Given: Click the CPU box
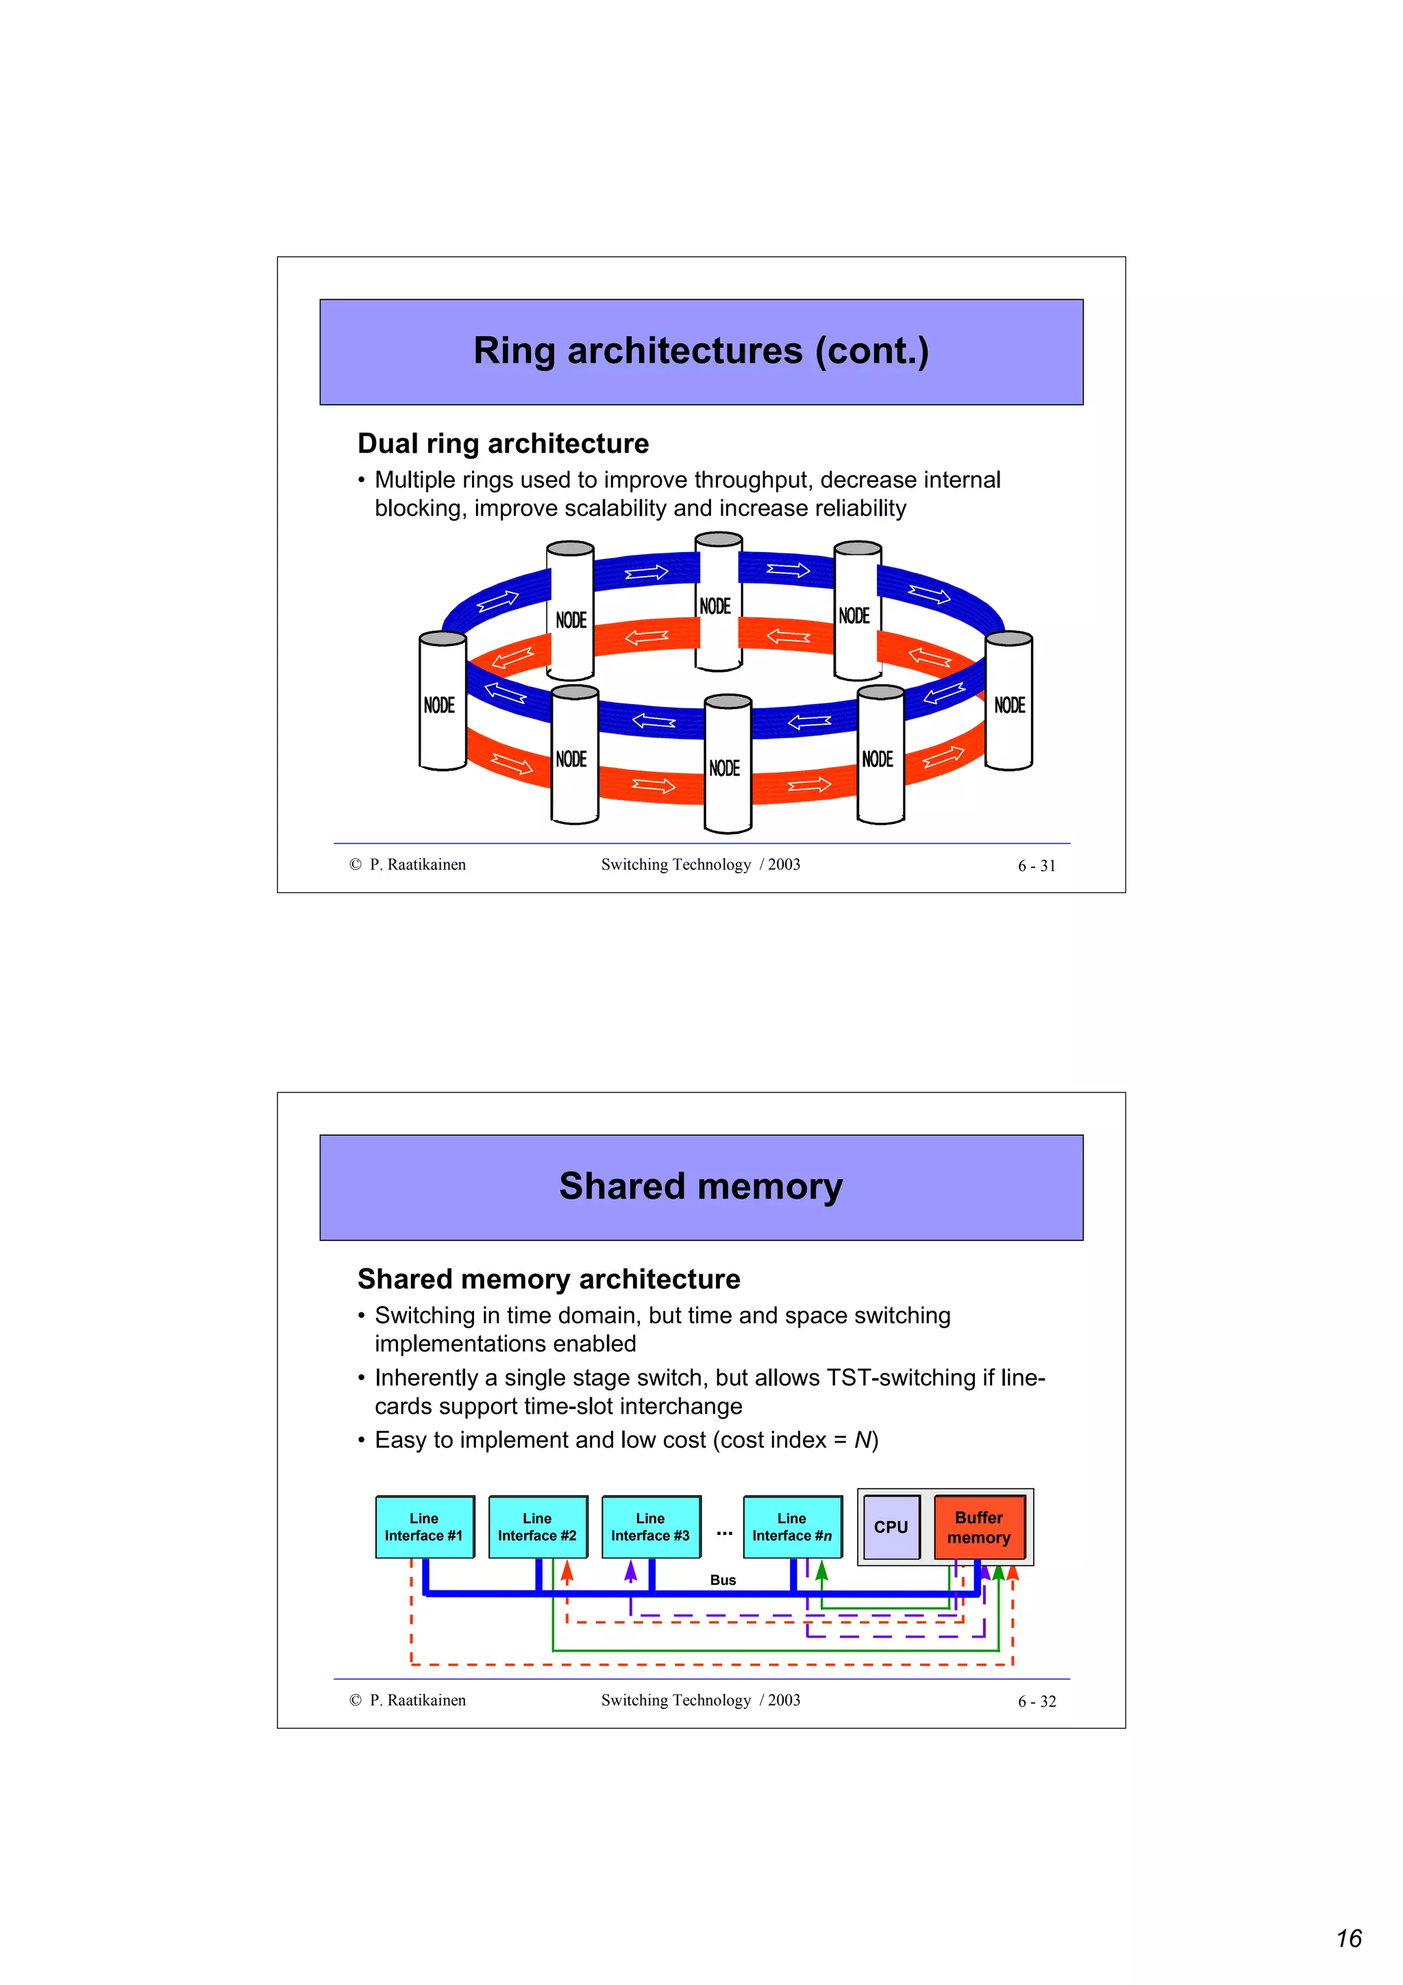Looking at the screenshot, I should click(891, 1527).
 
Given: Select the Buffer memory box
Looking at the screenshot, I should click(978, 1527).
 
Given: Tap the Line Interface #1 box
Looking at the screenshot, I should click(425, 1527).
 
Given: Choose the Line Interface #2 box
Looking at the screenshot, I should click(538, 1527).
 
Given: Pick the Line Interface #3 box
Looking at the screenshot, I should click(651, 1527).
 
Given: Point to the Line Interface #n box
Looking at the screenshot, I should click(792, 1527).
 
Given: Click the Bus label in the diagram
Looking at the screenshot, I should click(723, 1580).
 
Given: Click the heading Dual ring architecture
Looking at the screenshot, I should click(503, 444).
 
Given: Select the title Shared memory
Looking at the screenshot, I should click(700, 1186).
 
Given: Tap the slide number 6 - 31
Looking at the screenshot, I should click(1036, 865).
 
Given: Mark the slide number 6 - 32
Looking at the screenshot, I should click(1036, 1701).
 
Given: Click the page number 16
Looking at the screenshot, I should click(1349, 1939).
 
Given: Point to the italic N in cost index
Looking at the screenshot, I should click(862, 1440).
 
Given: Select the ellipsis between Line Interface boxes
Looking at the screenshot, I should click(724, 1532).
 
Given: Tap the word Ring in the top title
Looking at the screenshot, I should click(514, 351).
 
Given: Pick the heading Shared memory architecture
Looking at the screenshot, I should click(549, 1279).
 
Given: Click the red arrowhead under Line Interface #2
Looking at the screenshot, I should click(567, 1571).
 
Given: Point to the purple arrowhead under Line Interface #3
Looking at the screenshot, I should click(631, 1571).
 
